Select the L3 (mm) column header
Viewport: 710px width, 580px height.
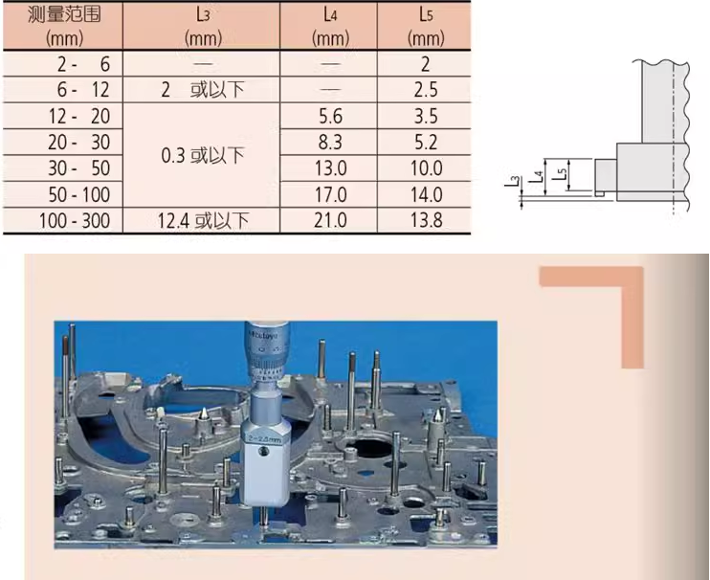pyautogui.click(x=203, y=26)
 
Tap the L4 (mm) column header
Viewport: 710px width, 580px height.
pyautogui.click(x=330, y=26)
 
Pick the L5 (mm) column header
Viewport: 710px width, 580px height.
pyautogui.click(x=426, y=26)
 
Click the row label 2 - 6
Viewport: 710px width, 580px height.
pyautogui.click(x=84, y=64)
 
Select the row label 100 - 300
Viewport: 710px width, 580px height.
pyautogui.click(x=75, y=220)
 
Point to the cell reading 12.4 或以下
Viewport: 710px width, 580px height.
pyautogui.click(x=203, y=220)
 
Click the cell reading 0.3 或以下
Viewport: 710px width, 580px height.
pyautogui.click(x=203, y=155)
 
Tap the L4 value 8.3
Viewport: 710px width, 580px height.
pyautogui.click(x=330, y=143)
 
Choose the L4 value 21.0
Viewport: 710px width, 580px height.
pyautogui.click(x=330, y=220)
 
